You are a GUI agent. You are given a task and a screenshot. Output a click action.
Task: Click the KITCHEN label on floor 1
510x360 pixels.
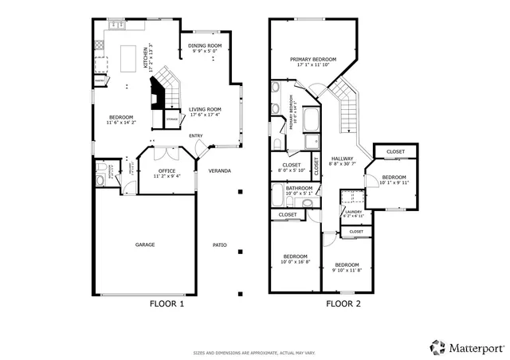click(x=145, y=60)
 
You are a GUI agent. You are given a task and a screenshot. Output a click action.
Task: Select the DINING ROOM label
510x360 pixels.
click(x=204, y=46)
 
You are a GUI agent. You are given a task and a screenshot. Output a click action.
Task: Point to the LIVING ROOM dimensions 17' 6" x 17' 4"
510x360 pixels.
click(x=204, y=115)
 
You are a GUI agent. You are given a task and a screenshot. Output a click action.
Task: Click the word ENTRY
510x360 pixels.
click(x=195, y=136)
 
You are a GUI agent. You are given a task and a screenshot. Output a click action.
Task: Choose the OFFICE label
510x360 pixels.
click(x=167, y=170)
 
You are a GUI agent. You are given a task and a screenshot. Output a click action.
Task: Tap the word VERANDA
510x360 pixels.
click(x=220, y=170)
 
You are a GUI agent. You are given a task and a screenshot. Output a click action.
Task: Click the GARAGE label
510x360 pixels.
click(x=144, y=245)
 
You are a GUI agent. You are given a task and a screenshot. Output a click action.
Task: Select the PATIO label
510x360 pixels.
click(x=220, y=245)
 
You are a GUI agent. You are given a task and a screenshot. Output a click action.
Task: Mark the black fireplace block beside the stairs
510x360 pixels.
click(x=158, y=97)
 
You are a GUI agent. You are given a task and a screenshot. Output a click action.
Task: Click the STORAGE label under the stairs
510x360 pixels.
click(x=171, y=119)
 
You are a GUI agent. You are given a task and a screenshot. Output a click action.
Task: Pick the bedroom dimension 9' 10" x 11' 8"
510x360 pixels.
click(x=347, y=270)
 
